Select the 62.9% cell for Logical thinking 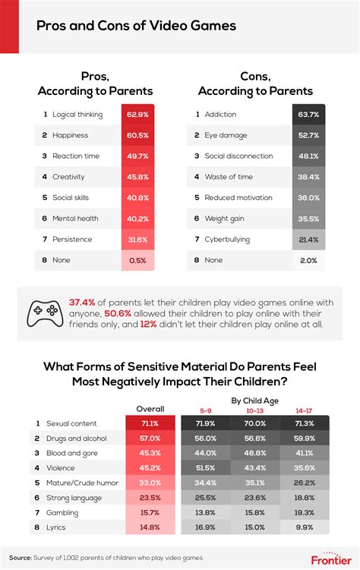(x=137, y=114)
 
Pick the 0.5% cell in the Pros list (x=137, y=260)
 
